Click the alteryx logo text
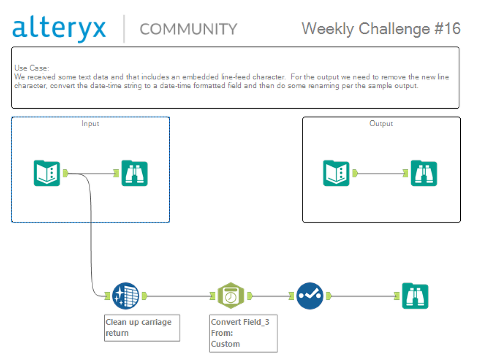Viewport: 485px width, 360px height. click(x=59, y=29)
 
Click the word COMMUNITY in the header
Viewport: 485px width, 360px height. click(x=188, y=29)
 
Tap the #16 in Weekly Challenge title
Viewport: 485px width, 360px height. click(x=448, y=29)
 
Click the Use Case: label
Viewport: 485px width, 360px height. click(x=32, y=68)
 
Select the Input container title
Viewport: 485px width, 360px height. click(x=90, y=124)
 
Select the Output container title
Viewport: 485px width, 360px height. click(x=381, y=124)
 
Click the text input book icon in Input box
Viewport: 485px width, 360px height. click(x=47, y=173)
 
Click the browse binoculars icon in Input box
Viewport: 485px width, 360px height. click(x=134, y=173)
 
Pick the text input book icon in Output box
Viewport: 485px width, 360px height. click(x=336, y=173)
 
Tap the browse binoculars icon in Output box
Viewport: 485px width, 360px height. click(x=424, y=173)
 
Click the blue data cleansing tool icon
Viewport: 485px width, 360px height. click(x=126, y=296)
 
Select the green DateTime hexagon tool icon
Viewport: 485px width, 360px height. click(x=231, y=296)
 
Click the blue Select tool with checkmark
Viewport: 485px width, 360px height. click(x=310, y=296)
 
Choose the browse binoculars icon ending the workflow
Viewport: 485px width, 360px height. click(x=415, y=296)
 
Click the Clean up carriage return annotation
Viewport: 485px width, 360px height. click(x=142, y=328)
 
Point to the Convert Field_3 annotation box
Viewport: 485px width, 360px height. click(x=243, y=333)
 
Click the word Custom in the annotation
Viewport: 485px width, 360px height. click(x=225, y=344)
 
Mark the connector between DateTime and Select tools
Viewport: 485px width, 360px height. click(x=270, y=296)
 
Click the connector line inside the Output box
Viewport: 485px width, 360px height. click(x=380, y=173)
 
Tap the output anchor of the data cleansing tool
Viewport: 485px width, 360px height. click(x=145, y=296)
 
